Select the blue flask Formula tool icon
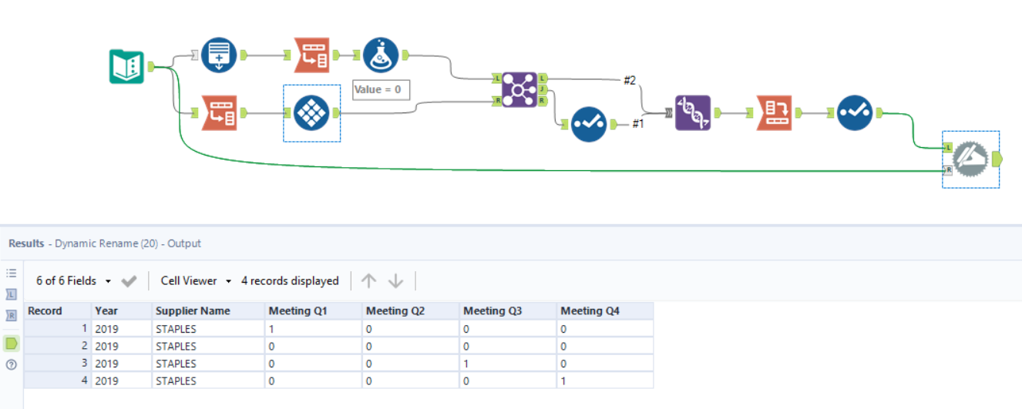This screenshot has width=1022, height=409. tap(381, 55)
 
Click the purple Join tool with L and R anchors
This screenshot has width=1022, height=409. tap(519, 89)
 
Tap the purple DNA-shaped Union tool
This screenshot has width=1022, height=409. tap(693, 112)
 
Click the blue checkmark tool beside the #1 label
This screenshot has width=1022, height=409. tap(589, 124)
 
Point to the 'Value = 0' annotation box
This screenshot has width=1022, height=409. tap(381, 89)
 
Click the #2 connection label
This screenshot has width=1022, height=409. tap(630, 80)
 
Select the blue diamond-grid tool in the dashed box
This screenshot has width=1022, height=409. tap(312, 113)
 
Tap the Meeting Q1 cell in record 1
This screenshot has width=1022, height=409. tap(313, 329)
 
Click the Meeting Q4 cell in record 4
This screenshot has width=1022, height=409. tap(604, 381)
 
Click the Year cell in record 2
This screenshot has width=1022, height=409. tap(120, 346)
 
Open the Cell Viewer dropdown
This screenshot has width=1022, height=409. tap(196, 281)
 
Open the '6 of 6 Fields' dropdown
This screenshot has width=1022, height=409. tap(73, 281)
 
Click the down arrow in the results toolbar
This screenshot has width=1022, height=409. tap(395, 281)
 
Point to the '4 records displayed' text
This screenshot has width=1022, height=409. tap(290, 281)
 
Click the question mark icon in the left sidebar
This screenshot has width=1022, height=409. tap(12, 364)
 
